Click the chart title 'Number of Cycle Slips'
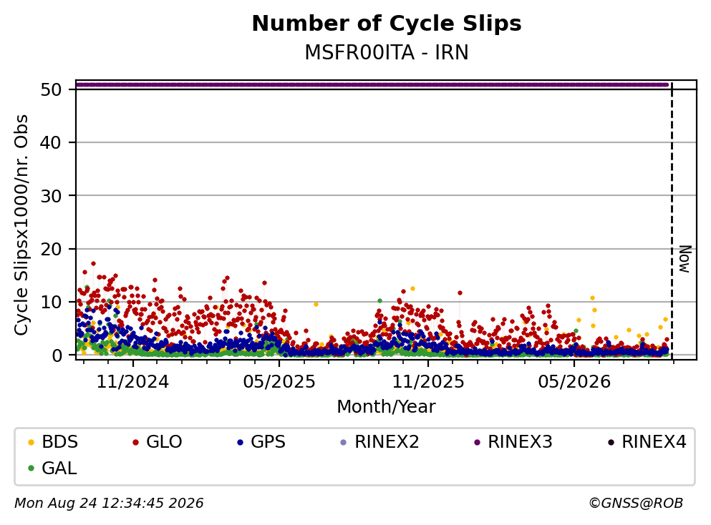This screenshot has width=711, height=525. [x=387, y=24]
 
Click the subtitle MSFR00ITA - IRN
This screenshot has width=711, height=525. [x=387, y=52]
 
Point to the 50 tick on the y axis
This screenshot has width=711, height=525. [x=51, y=89]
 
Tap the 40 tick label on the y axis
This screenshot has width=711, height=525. [x=51, y=142]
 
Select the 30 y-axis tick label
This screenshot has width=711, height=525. [x=51, y=196]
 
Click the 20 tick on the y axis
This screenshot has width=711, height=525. [x=51, y=249]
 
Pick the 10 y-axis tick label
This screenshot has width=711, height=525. [x=51, y=302]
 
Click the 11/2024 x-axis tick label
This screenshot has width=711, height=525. [x=132, y=382]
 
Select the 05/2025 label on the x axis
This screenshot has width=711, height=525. [x=279, y=382]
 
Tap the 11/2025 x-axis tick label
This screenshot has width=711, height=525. [x=428, y=382]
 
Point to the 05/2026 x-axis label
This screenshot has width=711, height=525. [x=574, y=382]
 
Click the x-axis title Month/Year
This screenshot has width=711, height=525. [x=386, y=407]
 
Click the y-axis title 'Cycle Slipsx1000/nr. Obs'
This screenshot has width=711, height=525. [x=21, y=225]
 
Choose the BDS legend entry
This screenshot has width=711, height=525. [x=53, y=441]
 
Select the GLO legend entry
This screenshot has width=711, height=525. [x=158, y=441]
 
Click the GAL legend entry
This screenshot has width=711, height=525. [x=52, y=468]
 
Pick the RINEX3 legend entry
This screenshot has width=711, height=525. [x=513, y=441]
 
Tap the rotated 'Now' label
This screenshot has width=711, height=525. [x=685, y=259]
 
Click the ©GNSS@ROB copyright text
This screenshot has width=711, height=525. [x=636, y=503]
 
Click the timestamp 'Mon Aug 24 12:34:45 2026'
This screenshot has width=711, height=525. [x=109, y=503]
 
